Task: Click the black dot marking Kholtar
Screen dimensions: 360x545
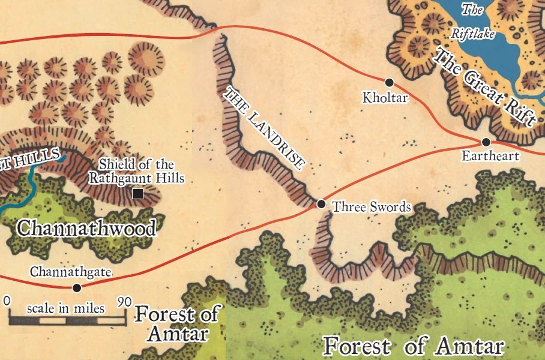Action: [389, 82]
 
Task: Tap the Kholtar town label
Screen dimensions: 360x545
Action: [385, 97]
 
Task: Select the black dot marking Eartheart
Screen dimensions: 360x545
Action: [486, 142]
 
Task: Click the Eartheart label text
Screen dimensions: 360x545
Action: [490, 156]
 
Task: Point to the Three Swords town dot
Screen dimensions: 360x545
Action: [321, 204]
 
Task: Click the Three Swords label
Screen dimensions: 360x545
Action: [372, 207]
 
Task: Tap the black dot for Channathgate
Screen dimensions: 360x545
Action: [76, 288]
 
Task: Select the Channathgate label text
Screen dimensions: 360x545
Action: [71, 272]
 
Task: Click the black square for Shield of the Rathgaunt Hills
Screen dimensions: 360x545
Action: [137, 194]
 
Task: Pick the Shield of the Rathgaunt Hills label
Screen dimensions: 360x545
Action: [136, 171]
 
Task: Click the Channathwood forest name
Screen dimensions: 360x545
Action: [86, 228]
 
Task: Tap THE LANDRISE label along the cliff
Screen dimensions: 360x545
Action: [264, 128]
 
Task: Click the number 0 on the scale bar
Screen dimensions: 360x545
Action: [7, 300]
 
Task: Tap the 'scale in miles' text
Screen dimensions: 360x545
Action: [66, 308]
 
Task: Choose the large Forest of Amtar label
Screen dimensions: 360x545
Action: [413, 346]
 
